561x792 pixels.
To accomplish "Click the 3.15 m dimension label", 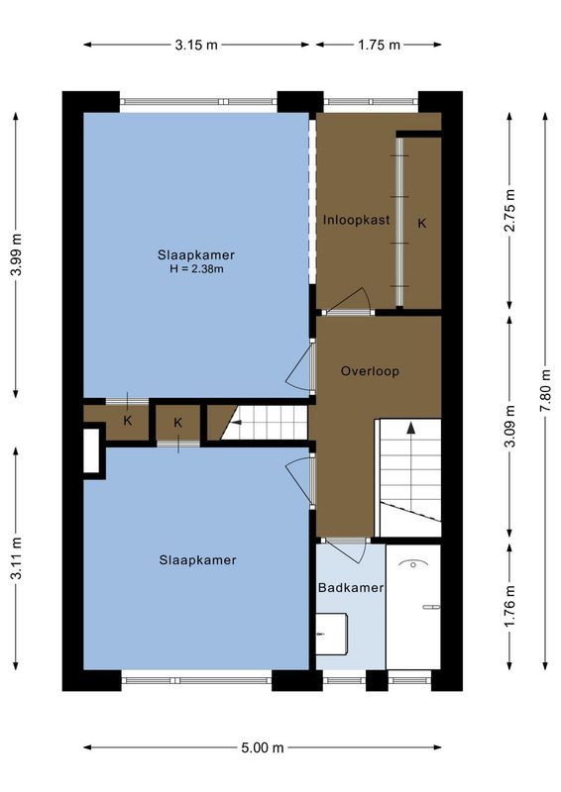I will [196, 45].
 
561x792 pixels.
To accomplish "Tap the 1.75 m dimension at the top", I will [379, 45].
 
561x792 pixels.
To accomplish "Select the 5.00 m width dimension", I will [263, 747].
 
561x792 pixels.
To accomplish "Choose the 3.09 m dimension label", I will [509, 426].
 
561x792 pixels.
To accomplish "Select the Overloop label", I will [369, 371].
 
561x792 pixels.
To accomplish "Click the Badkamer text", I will [351, 588].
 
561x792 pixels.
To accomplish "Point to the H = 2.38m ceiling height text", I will [196, 268].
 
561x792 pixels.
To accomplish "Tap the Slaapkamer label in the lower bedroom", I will [197, 560].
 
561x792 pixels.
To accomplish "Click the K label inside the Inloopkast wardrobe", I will [421, 224].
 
